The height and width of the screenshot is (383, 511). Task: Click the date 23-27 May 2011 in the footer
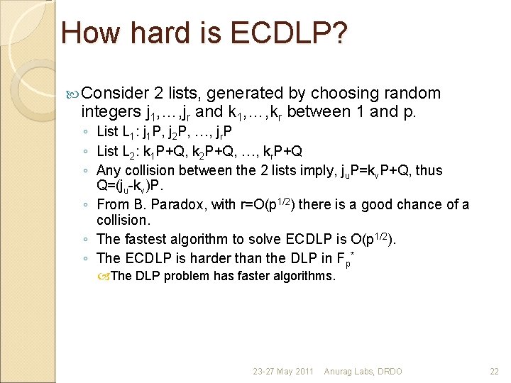(283, 371)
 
